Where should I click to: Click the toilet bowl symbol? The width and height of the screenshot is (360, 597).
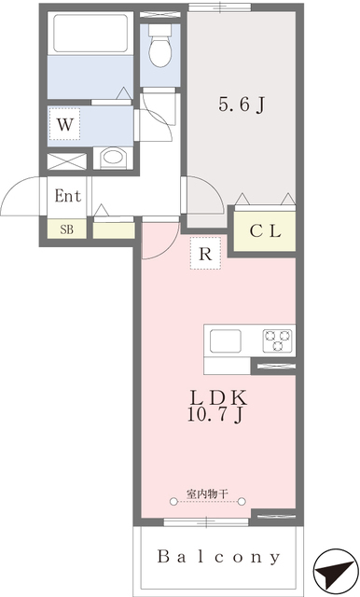click(x=159, y=46)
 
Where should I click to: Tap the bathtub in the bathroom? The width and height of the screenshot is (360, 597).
click(x=90, y=34)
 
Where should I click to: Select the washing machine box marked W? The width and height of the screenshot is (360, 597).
click(x=64, y=124)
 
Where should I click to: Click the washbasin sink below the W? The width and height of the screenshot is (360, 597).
click(x=113, y=158)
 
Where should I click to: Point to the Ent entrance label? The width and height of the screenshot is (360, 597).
click(x=68, y=196)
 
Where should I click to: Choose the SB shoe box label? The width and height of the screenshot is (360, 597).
click(x=66, y=229)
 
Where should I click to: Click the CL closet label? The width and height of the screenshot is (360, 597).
click(x=265, y=230)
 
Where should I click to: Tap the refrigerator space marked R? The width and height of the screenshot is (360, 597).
click(x=205, y=253)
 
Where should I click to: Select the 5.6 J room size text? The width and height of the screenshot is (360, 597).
click(x=242, y=104)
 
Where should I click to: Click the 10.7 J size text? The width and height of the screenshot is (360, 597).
click(x=215, y=414)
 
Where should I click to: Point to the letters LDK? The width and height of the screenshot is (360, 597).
click(x=218, y=398)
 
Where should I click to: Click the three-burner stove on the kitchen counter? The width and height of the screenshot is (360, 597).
click(x=278, y=340)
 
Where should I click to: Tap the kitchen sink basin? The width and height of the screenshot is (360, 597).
click(x=226, y=340)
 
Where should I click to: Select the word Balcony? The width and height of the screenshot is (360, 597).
click(x=219, y=557)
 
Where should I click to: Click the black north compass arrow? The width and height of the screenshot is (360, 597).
click(x=334, y=572)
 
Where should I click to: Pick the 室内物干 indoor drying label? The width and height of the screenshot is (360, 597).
click(x=207, y=494)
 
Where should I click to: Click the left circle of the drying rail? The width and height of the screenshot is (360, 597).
click(x=173, y=502)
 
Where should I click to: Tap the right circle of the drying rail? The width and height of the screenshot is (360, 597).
click(x=242, y=502)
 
